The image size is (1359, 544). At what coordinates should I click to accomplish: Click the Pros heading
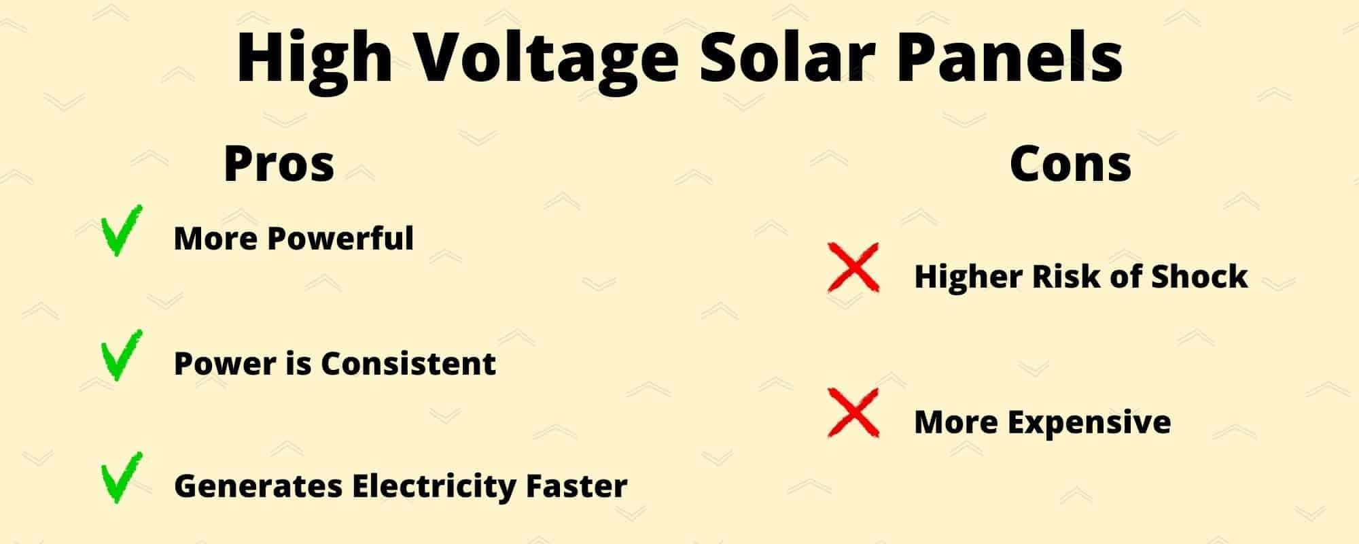(x=279, y=165)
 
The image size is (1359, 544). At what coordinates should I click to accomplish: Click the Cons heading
(x=1070, y=165)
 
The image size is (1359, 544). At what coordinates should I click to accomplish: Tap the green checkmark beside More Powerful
(x=121, y=231)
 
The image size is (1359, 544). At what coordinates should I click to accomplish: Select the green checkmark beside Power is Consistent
(x=121, y=356)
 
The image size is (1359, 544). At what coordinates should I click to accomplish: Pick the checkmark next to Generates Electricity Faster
(x=121, y=478)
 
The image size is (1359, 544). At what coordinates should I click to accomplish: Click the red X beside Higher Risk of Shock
(x=853, y=268)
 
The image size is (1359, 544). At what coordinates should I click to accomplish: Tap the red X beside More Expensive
(x=853, y=413)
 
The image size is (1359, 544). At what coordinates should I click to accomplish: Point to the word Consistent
(x=408, y=364)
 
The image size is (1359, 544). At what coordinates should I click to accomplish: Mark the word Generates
(x=258, y=486)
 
